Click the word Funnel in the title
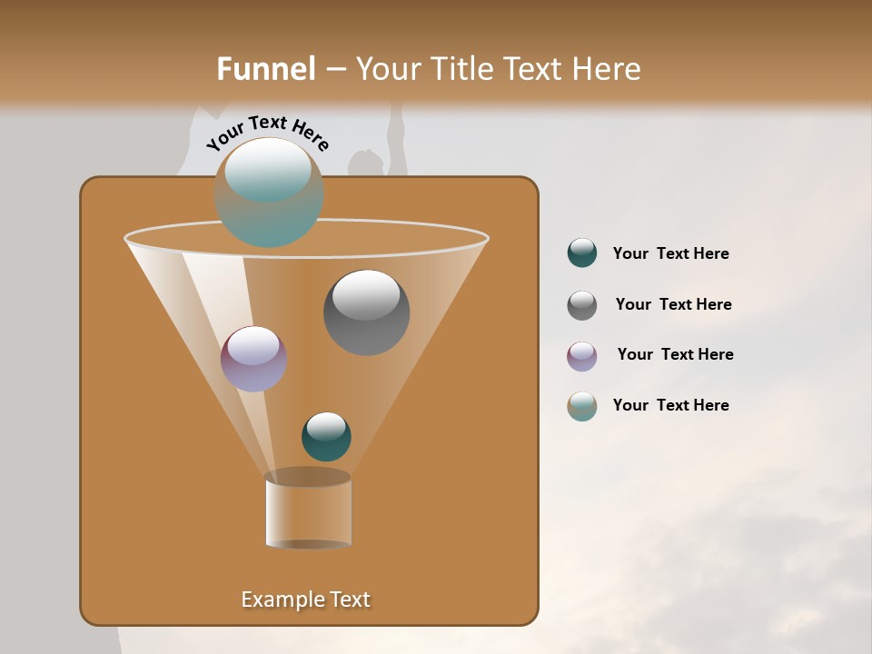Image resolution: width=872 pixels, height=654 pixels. click(x=265, y=69)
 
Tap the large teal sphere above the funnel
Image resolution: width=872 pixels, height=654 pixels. click(x=269, y=193)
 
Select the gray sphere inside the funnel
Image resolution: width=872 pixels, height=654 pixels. click(x=367, y=312)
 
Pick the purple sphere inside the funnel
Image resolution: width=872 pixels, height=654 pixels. click(x=253, y=359)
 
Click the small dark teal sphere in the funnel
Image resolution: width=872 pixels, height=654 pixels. click(x=326, y=437)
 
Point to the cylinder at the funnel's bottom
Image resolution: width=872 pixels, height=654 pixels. click(x=308, y=511)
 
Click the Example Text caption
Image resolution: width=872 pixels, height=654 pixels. click(x=305, y=599)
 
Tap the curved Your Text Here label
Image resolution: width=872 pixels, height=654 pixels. click(x=268, y=133)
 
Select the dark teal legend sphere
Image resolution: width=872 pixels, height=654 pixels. click(x=582, y=253)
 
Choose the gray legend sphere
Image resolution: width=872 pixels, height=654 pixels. click(x=582, y=305)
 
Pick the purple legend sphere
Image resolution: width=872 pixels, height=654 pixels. click(x=582, y=356)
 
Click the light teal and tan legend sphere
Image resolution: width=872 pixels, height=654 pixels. click(x=582, y=406)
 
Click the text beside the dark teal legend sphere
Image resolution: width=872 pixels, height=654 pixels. click(x=670, y=254)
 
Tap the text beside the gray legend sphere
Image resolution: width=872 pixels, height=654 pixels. click(x=673, y=305)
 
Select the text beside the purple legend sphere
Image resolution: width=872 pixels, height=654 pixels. click(x=675, y=355)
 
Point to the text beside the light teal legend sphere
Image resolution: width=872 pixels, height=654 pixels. click(x=670, y=406)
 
